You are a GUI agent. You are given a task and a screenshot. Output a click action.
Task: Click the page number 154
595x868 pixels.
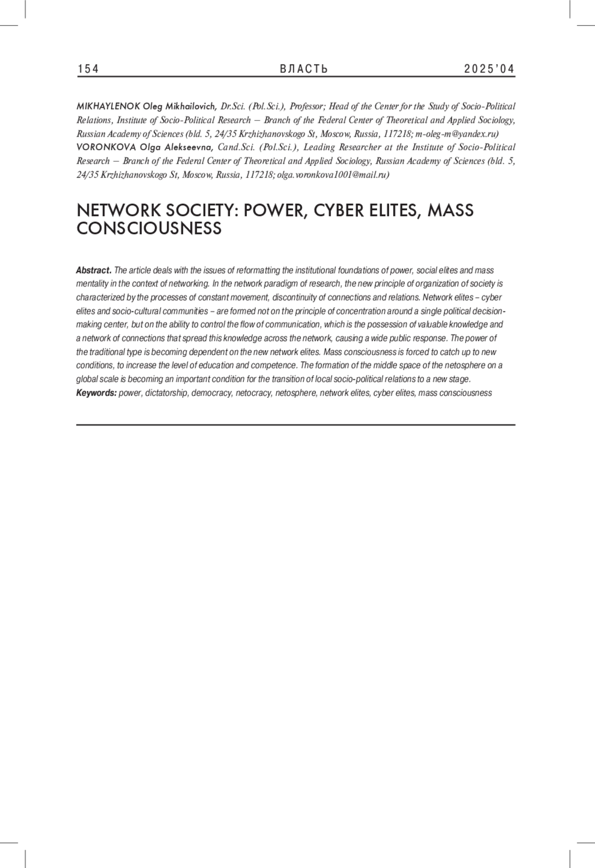(88, 69)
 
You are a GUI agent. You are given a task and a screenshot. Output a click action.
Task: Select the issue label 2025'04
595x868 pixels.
(489, 69)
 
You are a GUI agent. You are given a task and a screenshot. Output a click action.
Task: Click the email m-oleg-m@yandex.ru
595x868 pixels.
(457, 134)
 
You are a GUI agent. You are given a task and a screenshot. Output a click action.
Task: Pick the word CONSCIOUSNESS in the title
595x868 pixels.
(149, 229)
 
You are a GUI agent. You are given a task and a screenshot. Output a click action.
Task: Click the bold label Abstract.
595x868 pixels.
(93, 270)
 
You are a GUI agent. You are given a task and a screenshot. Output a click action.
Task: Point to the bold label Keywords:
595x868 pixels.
(96, 393)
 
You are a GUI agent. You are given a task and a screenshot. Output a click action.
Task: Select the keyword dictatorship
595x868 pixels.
(166, 393)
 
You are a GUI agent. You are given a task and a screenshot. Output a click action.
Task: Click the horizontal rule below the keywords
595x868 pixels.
(296, 425)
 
